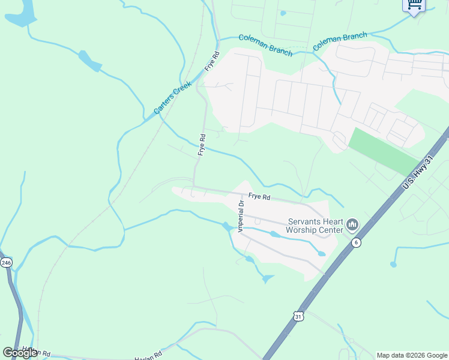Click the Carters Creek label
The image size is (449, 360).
coord(172,97)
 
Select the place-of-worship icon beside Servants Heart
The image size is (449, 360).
coord(352,225)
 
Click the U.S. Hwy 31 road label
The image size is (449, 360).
coord(418,173)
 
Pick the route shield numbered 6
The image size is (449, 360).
coord(357,242)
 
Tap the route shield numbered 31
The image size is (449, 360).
coord(298,316)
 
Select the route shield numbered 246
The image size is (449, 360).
coord(6,263)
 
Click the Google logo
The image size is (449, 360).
coord(20,352)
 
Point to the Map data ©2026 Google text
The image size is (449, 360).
coord(412,355)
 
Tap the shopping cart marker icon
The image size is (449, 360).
coord(414,5)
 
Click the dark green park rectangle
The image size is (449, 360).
coord(384,151)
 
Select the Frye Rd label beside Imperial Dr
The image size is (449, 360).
coord(259,197)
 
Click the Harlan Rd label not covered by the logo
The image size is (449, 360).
coord(149,355)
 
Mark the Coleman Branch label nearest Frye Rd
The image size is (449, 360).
coord(265,45)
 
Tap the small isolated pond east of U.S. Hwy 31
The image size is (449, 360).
coord(393,263)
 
